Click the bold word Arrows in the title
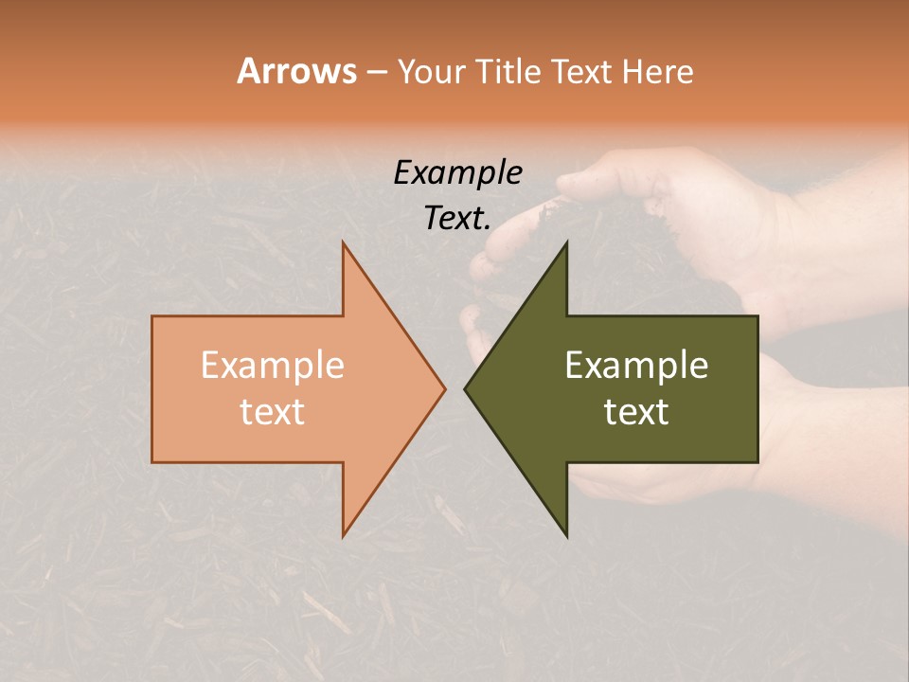[296, 71]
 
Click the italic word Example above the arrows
[457, 173]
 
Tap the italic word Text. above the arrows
[457, 219]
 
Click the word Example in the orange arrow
[273, 366]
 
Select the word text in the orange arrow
[273, 412]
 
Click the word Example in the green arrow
[636, 366]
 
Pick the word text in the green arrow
[636, 412]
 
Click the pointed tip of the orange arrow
[445, 388]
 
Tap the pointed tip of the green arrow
[465, 388]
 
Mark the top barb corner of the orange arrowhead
[343, 242]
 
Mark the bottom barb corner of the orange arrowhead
[343, 536]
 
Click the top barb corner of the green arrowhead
[566, 242]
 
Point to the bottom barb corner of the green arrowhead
[566, 536]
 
